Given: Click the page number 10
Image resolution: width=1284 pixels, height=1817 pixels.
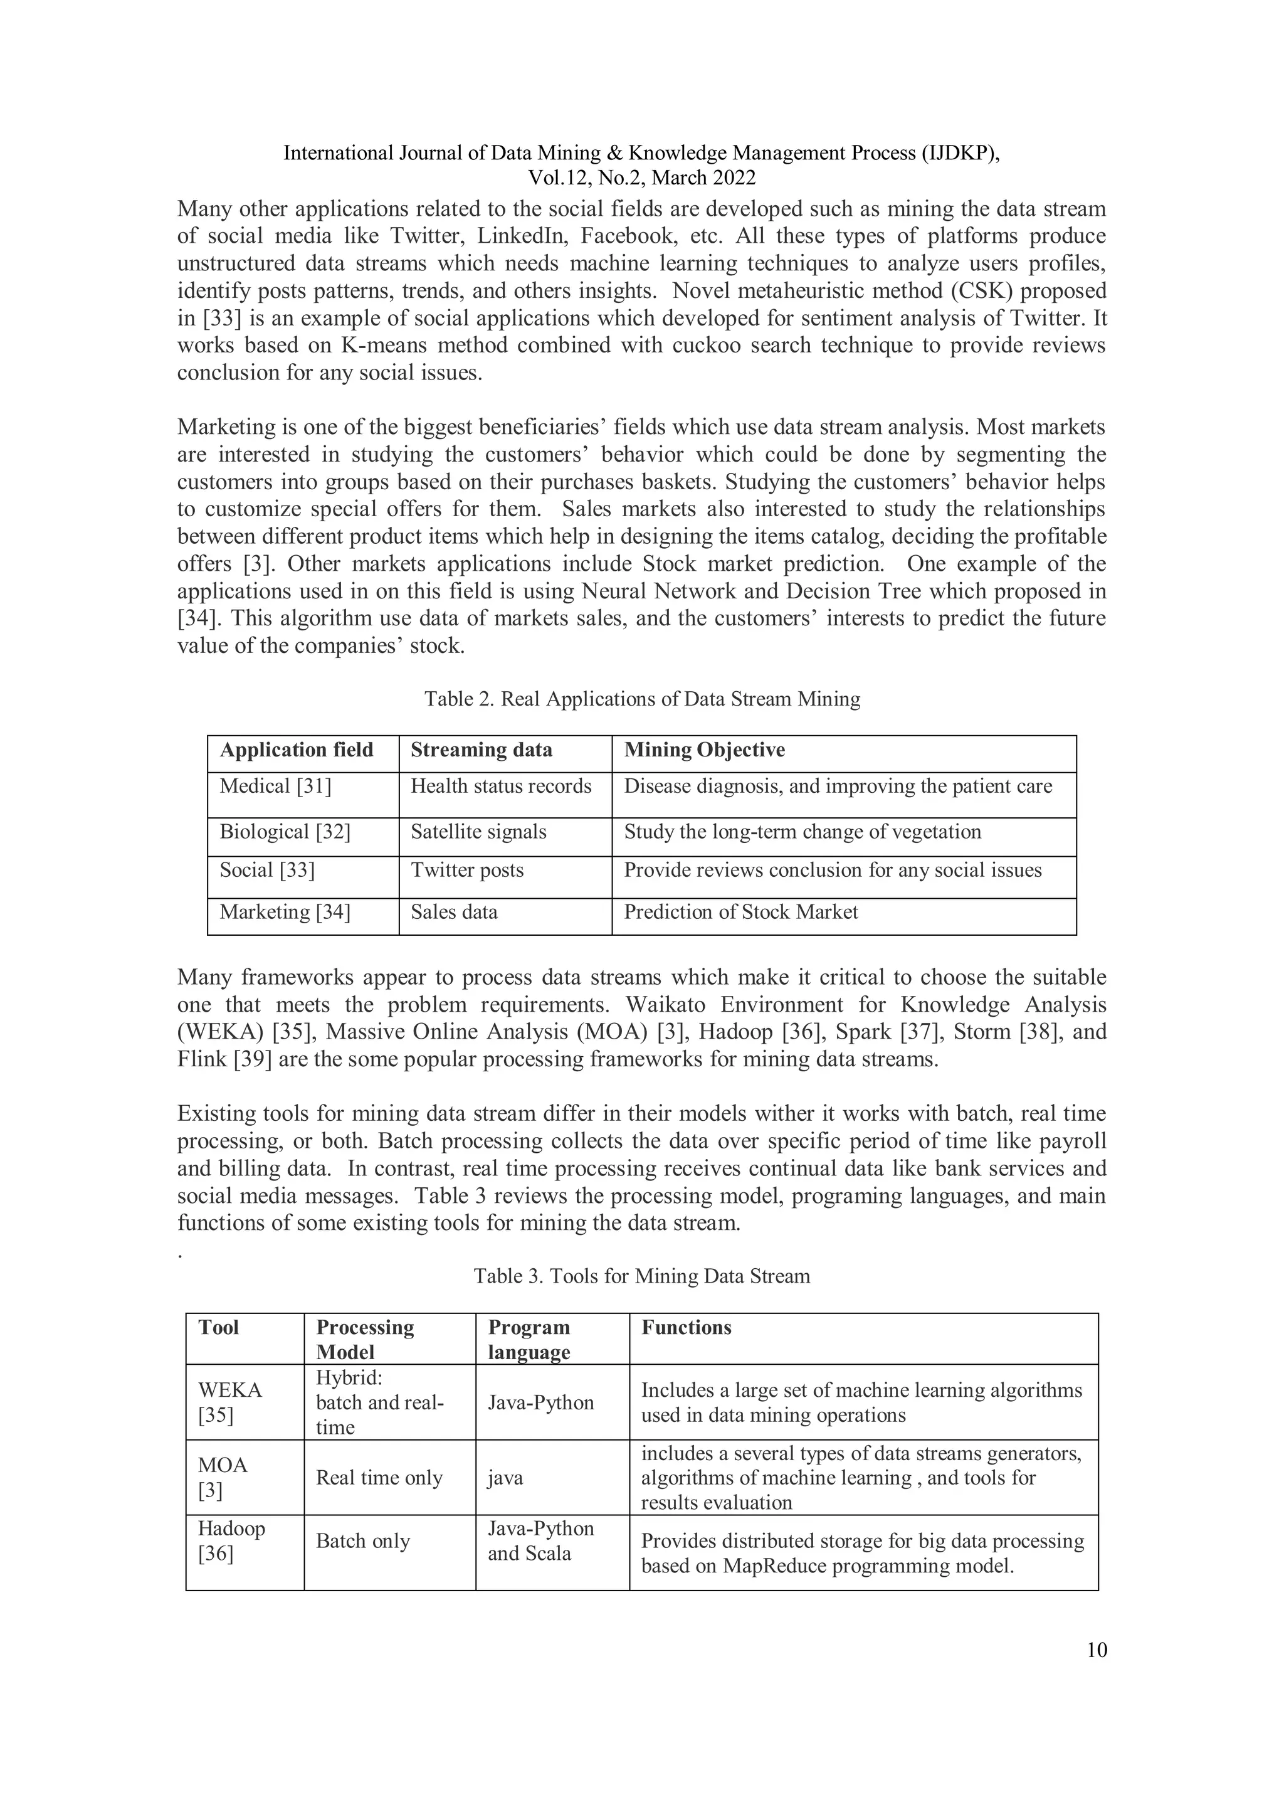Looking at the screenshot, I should [x=1097, y=1650].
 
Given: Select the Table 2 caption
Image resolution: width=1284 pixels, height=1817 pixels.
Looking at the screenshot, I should [x=641, y=699].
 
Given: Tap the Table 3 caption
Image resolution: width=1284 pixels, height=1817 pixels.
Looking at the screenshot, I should [x=641, y=1276].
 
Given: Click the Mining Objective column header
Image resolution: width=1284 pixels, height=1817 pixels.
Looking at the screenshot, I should [x=704, y=750].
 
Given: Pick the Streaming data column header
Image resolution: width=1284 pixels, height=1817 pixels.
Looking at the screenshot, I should [x=481, y=750].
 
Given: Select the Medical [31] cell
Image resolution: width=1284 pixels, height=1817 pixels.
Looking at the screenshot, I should [x=275, y=786].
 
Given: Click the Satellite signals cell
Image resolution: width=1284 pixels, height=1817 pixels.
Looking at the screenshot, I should [x=478, y=832].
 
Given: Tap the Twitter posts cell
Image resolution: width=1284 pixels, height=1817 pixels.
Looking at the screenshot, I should [x=466, y=870].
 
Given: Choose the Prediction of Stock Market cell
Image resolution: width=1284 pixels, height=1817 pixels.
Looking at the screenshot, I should [x=740, y=912].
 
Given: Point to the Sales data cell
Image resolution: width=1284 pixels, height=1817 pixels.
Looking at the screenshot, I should [x=454, y=912].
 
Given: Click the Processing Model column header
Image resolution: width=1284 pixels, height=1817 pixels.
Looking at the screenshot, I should [x=365, y=1339].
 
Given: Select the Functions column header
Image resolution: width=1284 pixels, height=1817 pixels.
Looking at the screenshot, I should [x=686, y=1327].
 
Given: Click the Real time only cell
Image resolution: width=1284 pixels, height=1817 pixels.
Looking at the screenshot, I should [x=379, y=1478].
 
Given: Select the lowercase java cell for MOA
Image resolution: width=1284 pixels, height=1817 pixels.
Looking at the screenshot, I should [x=505, y=1478].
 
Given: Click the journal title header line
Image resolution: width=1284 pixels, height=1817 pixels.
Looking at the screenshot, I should [x=641, y=153].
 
